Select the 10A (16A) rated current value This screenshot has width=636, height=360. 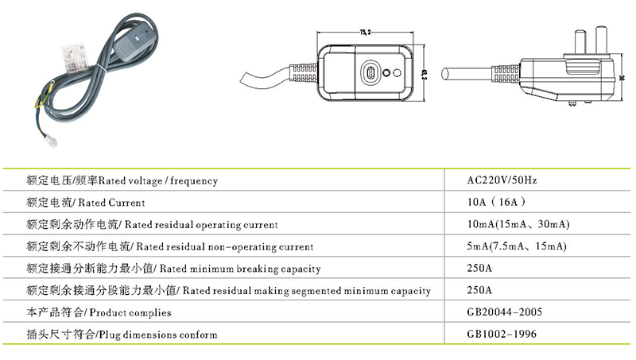coord(494,202)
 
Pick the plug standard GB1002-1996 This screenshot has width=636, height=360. coord(502,335)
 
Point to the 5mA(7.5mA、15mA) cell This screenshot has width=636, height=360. coord(517,246)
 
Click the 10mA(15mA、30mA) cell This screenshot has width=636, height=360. coord(519,224)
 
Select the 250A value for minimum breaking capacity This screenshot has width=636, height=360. coord(480,269)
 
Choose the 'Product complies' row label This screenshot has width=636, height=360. coord(99,312)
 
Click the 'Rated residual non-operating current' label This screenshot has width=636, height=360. coord(169,246)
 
